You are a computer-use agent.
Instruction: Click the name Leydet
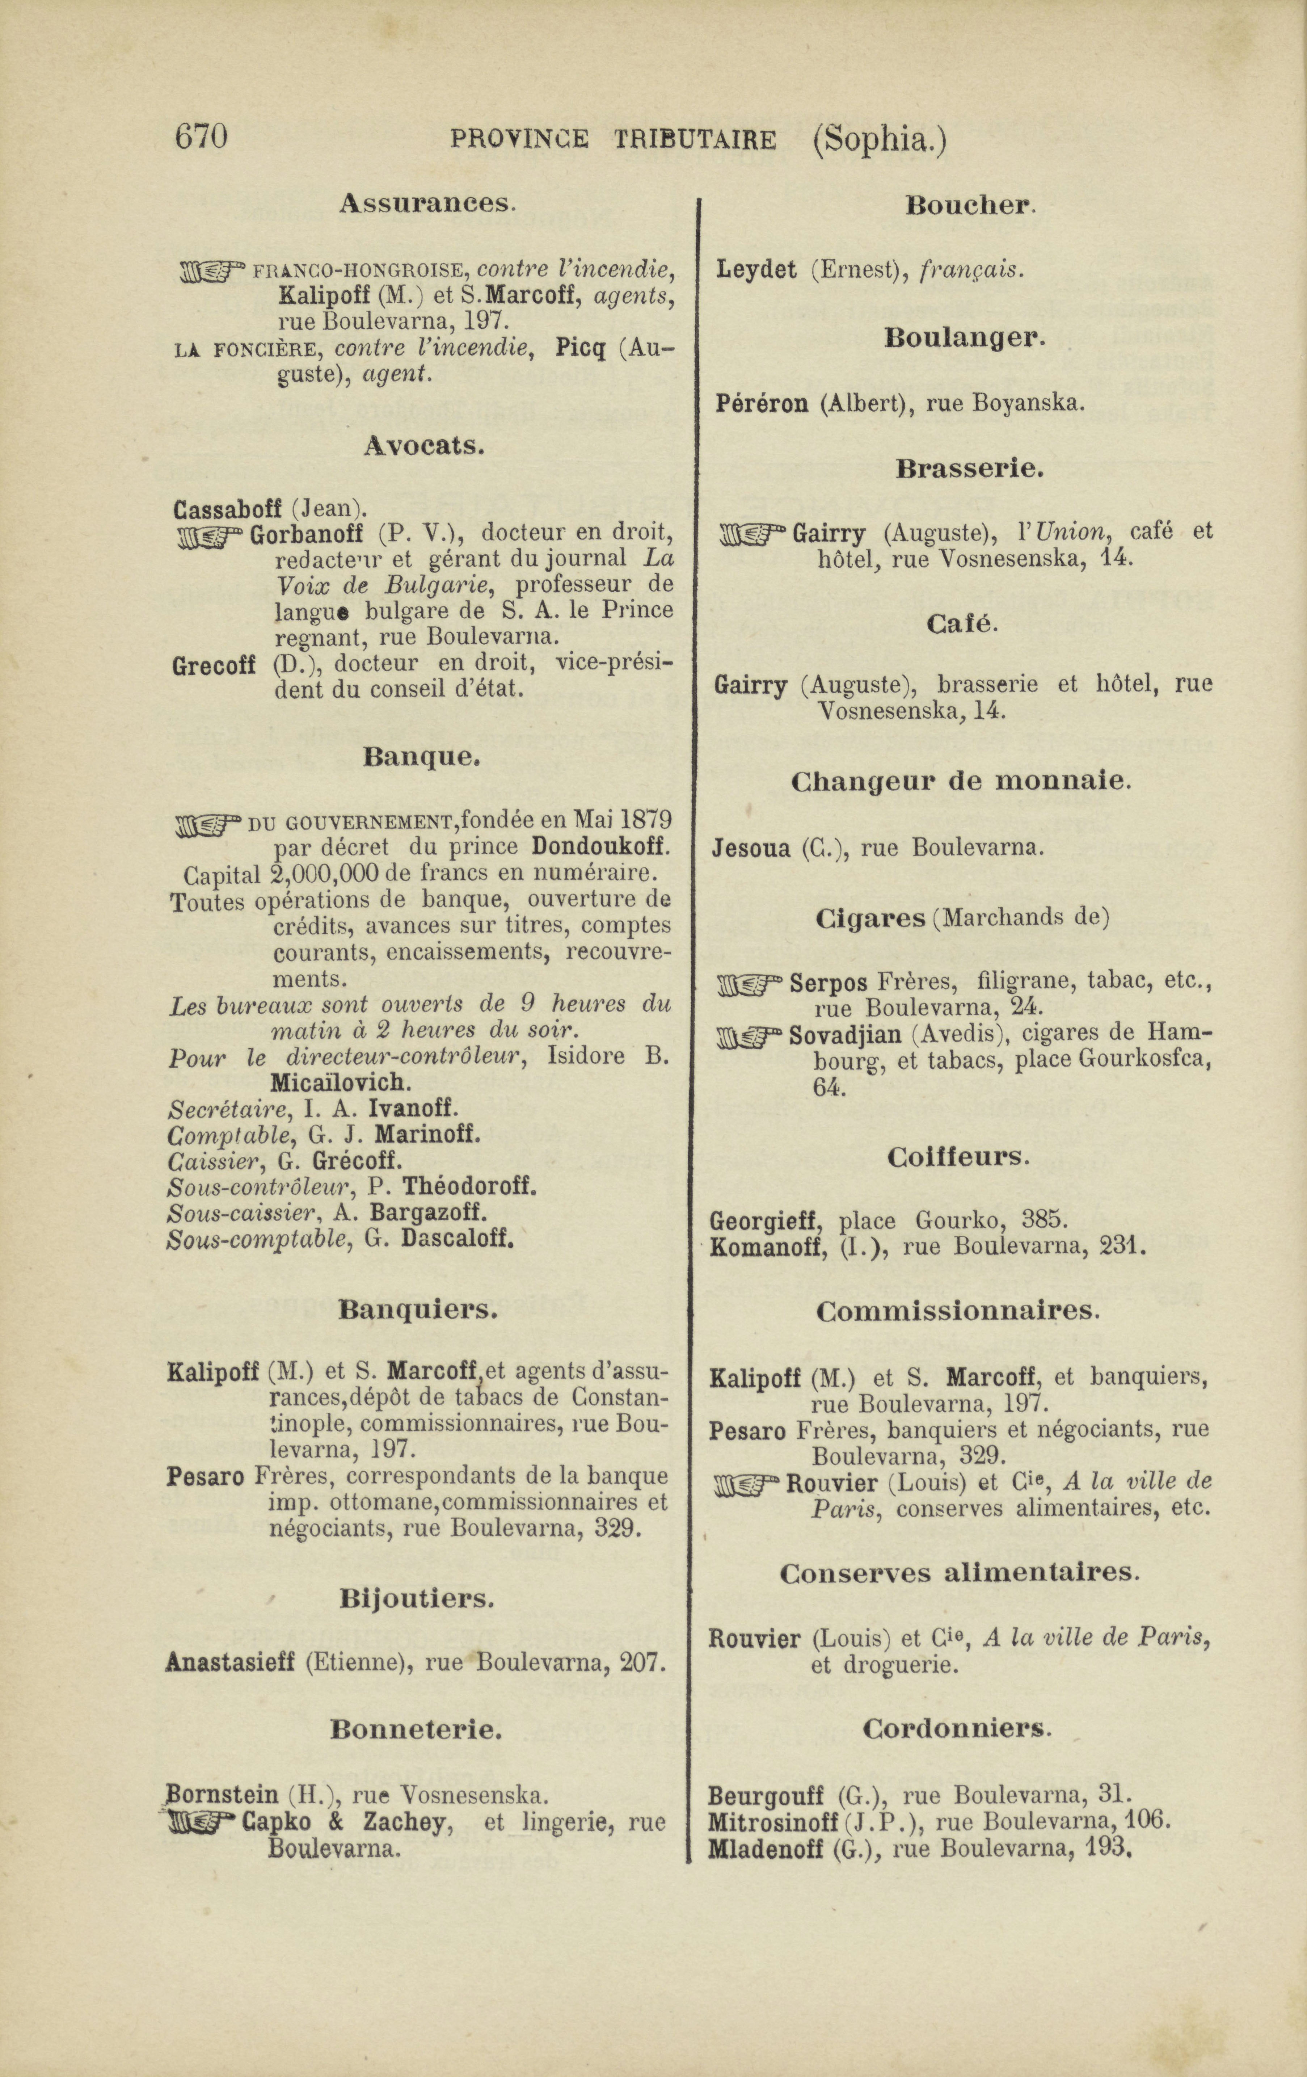tap(756, 270)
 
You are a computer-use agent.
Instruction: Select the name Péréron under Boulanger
tap(762, 403)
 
